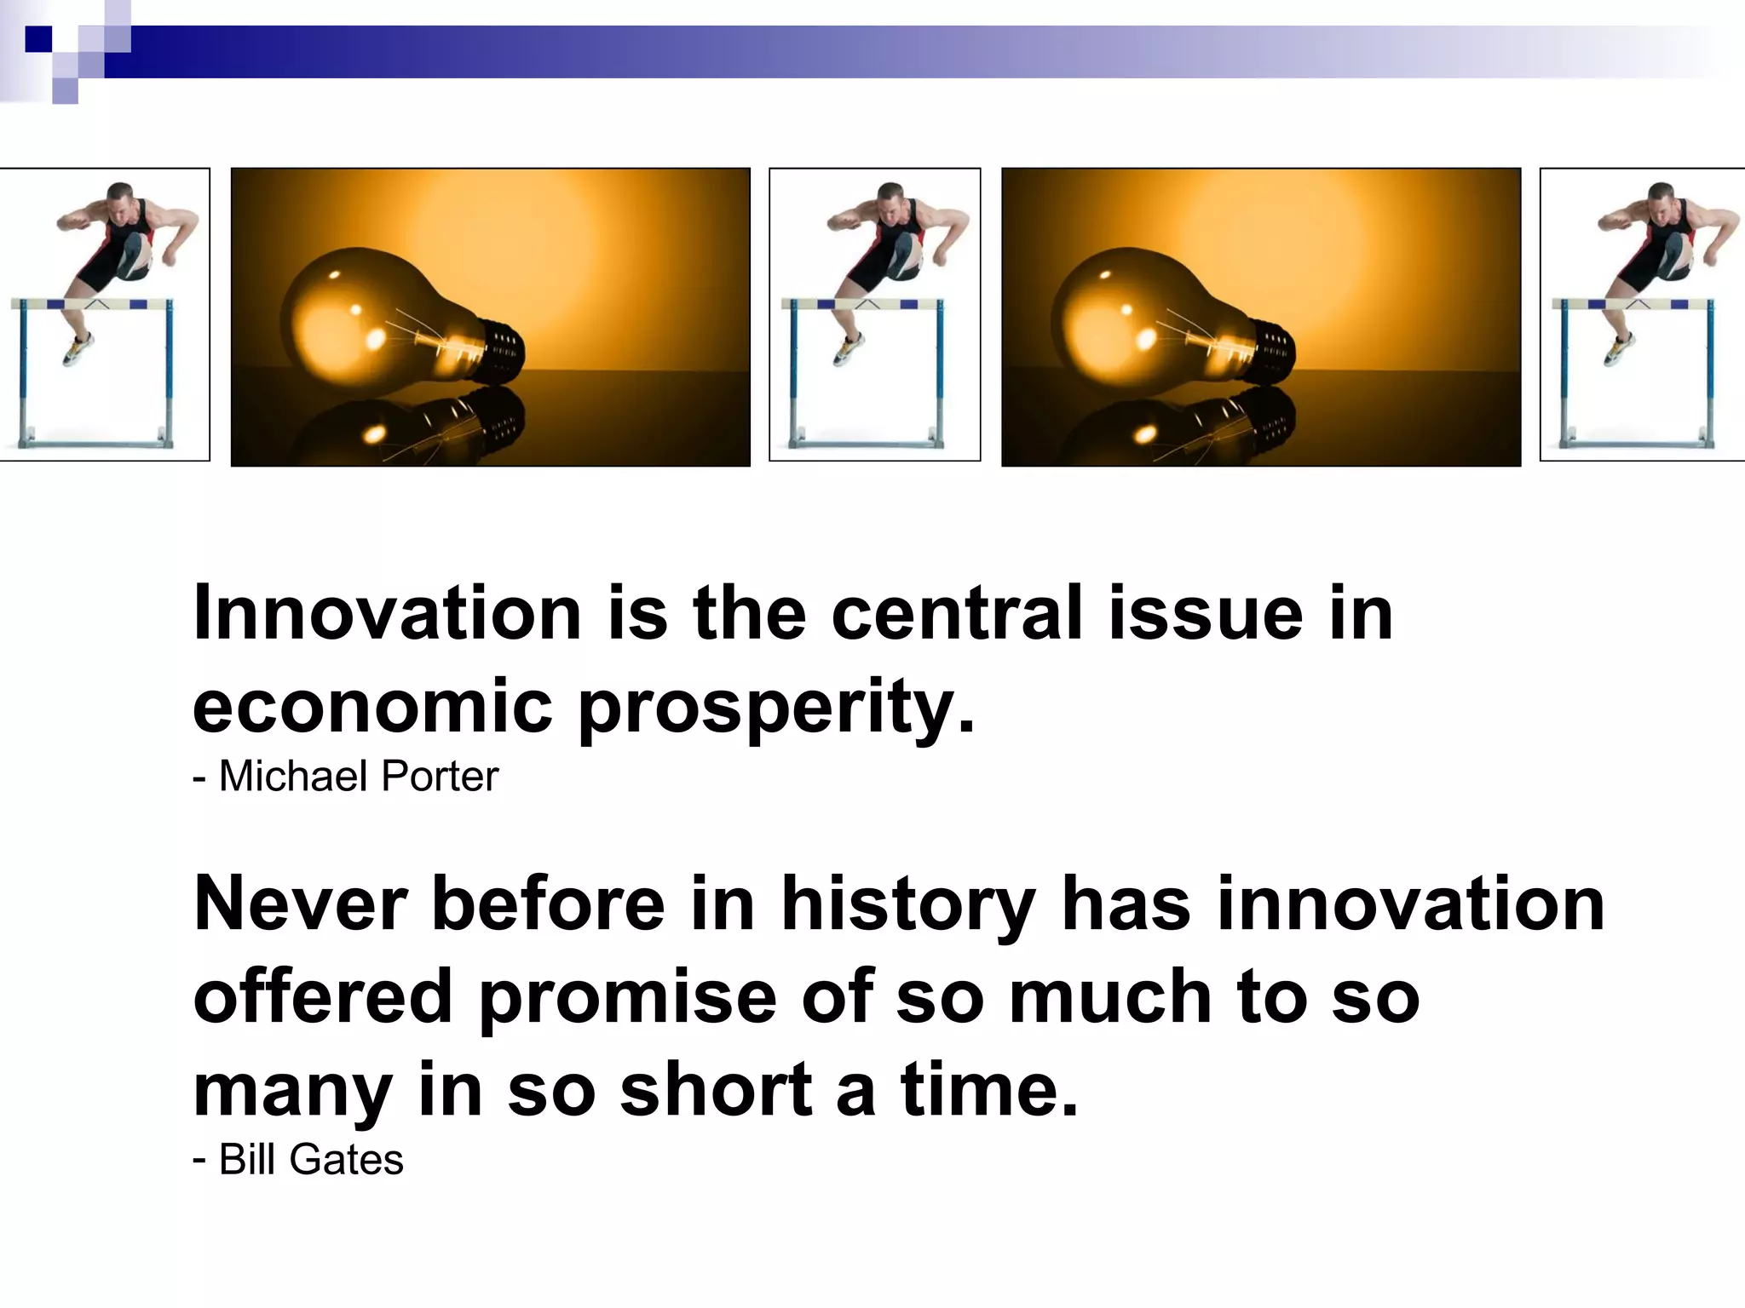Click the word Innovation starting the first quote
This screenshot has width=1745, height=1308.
(387, 613)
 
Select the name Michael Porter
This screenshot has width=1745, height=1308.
(358, 777)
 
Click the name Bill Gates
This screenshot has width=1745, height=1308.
(310, 1160)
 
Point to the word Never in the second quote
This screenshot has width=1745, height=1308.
(300, 904)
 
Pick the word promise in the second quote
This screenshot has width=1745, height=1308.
(627, 998)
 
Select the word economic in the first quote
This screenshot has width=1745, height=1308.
(373, 707)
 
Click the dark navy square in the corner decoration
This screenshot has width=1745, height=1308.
(38, 39)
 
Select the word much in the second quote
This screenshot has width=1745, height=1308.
(1110, 998)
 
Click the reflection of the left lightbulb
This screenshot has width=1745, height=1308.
(409, 426)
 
